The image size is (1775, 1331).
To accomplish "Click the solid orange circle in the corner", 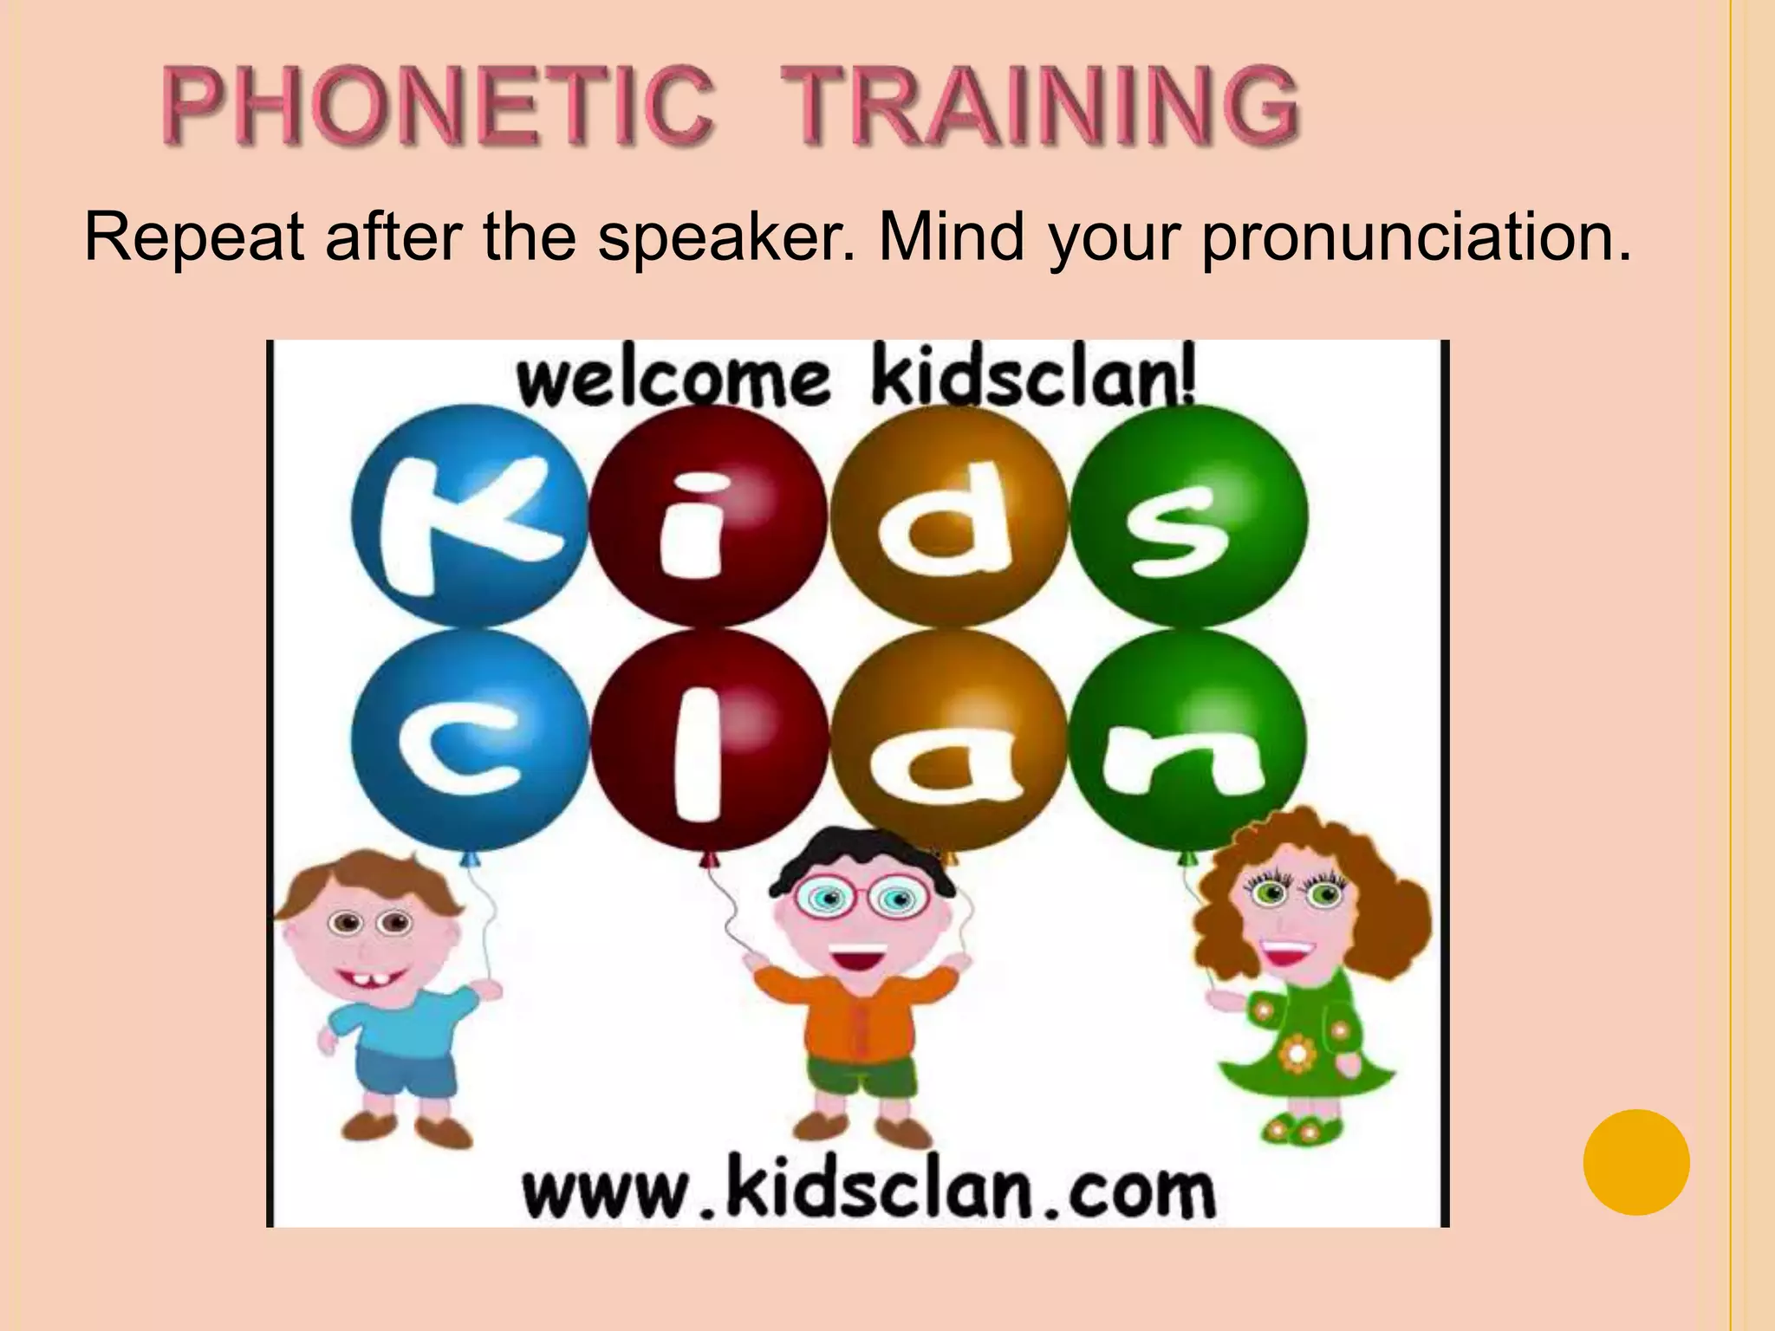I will pos(1636,1162).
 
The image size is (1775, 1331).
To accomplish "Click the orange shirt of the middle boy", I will pos(858,1014).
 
